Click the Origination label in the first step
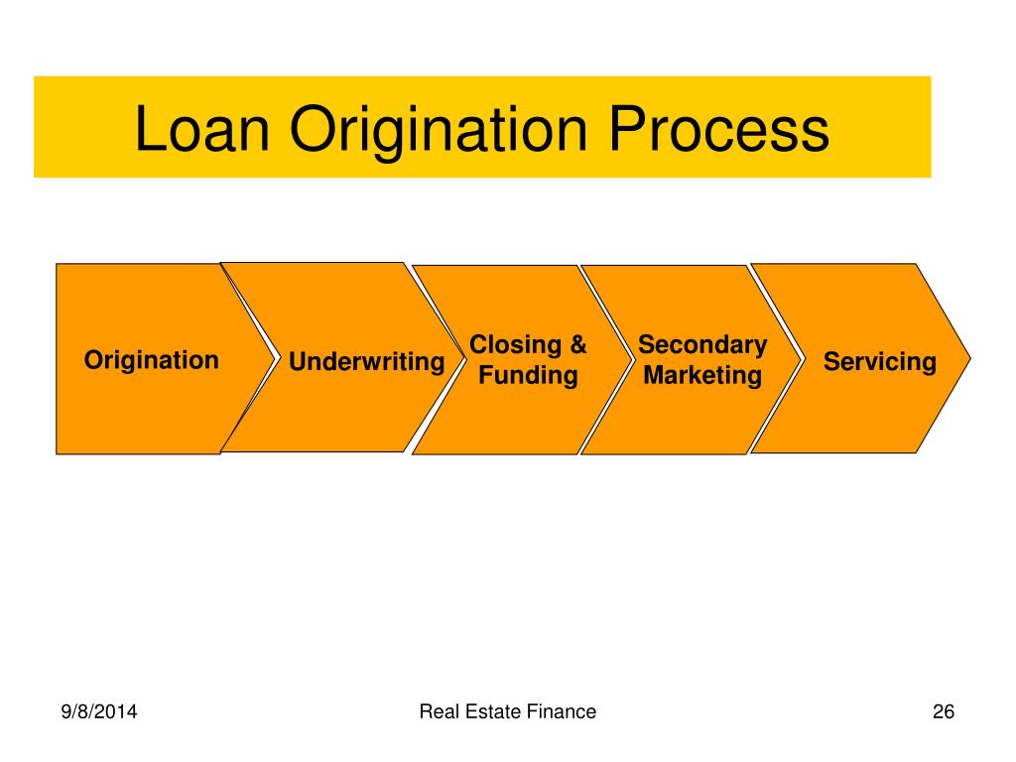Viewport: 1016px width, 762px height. pyautogui.click(x=152, y=360)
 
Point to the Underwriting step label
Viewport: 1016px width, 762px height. pyautogui.click(x=366, y=362)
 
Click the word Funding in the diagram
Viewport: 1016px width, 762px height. pyautogui.click(x=528, y=376)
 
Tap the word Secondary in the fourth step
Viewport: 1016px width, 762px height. pyautogui.click(x=702, y=345)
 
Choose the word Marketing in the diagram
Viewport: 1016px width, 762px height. pyautogui.click(x=702, y=376)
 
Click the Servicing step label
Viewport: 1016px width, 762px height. pyautogui.click(x=880, y=362)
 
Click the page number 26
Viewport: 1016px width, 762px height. pyautogui.click(x=943, y=711)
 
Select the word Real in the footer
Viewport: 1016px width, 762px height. pyautogui.click(x=438, y=711)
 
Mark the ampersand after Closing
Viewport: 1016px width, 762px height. pyautogui.click(x=576, y=345)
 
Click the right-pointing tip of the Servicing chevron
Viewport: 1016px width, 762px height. pyautogui.click(x=969, y=358)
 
